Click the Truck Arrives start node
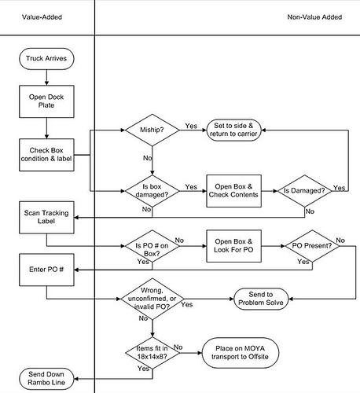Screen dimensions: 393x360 tap(46, 58)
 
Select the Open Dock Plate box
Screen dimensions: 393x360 tap(46, 100)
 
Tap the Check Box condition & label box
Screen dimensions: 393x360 tap(46, 154)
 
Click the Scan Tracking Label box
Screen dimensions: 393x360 tap(46, 218)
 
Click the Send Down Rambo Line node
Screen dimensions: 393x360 tap(46, 379)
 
